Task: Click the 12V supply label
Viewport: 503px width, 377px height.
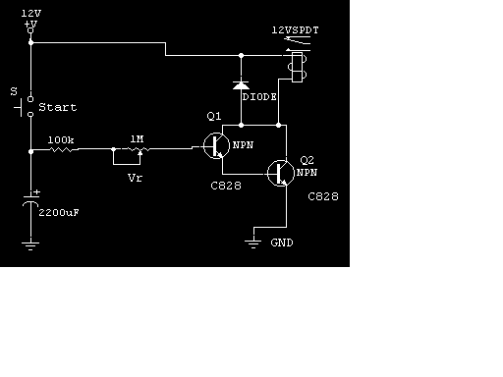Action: click(x=31, y=14)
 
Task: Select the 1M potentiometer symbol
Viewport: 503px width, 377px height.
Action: click(x=138, y=150)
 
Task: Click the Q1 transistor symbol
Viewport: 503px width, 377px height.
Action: click(x=216, y=145)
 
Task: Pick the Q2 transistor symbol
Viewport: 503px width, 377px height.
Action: click(x=281, y=173)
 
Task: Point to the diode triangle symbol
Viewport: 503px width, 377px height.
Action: click(x=241, y=85)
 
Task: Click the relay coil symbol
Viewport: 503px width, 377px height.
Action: click(x=298, y=67)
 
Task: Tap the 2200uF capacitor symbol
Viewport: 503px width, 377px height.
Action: click(x=30, y=200)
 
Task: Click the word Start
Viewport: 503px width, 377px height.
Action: click(x=58, y=107)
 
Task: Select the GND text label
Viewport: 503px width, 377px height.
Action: click(x=282, y=242)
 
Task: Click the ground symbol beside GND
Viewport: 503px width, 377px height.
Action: click(x=253, y=243)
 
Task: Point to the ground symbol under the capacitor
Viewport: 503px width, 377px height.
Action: click(x=30, y=245)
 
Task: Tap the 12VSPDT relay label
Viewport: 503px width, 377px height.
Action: click(x=295, y=30)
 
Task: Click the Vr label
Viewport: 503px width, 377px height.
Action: click(x=135, y=178)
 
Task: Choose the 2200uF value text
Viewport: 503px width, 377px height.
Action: click(x=59, y=213)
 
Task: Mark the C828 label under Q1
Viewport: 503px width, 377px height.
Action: click(x=226, y=186)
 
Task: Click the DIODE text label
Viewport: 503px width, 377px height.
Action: click(x=259, y=97)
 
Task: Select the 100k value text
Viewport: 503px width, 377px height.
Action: click(x=61, y=140)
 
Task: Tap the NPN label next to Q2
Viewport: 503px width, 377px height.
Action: click(x=307, y=173)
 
